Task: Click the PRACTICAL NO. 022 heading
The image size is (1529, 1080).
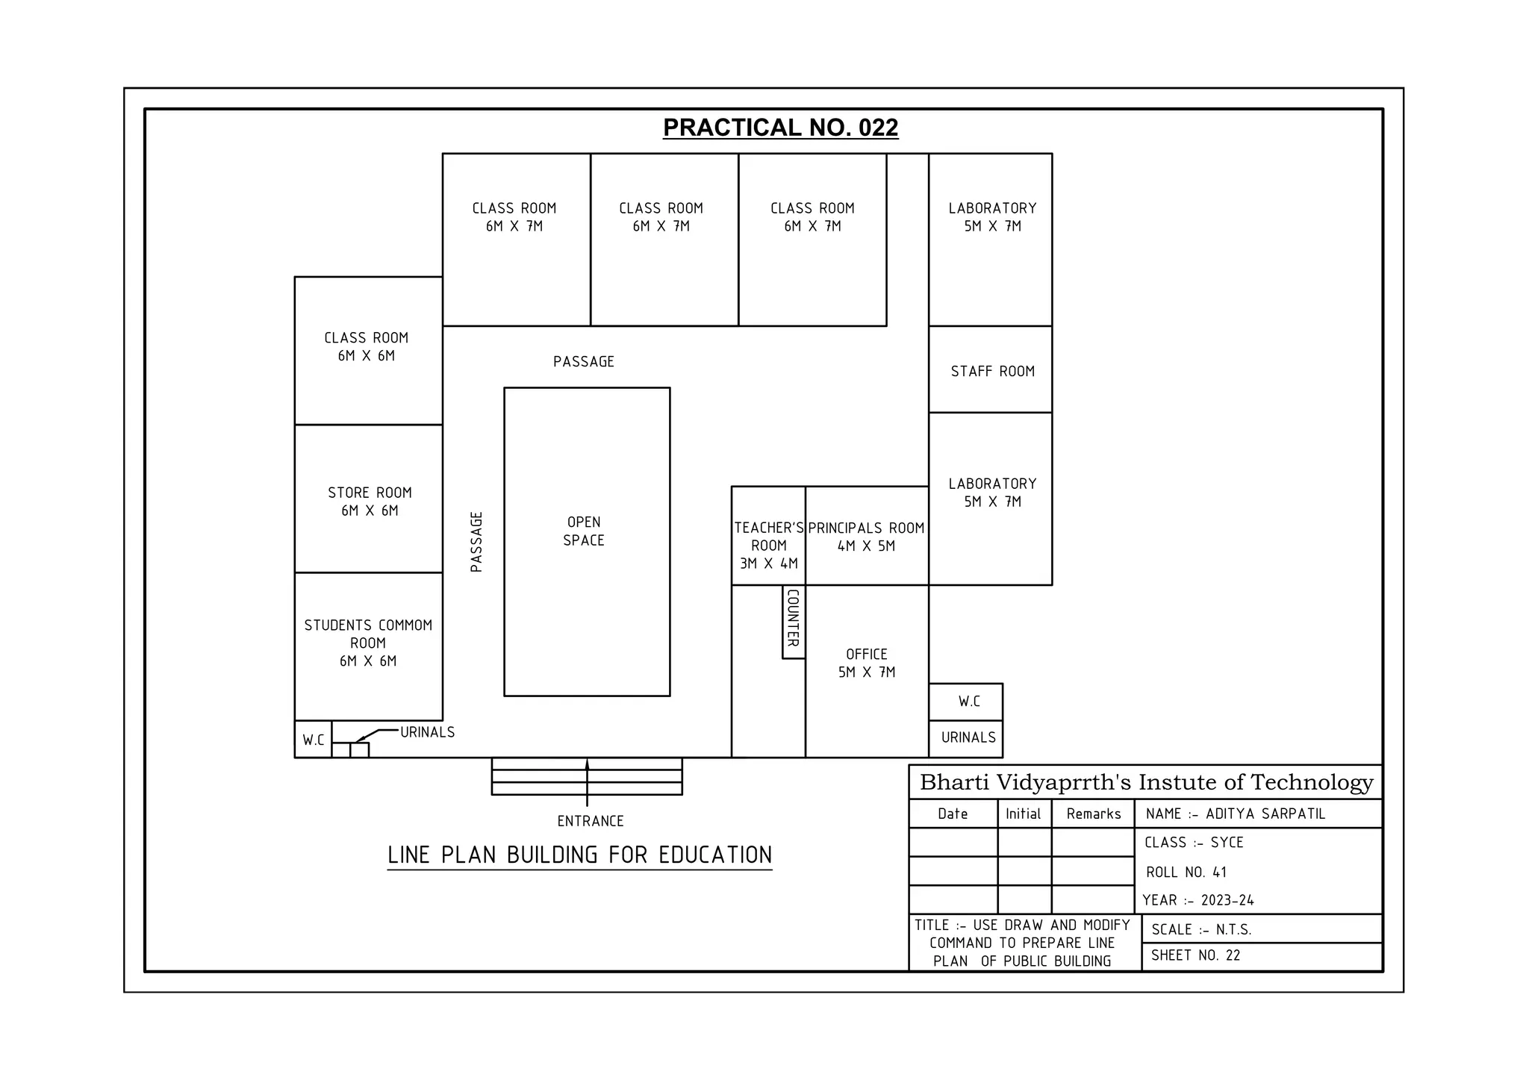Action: pos(780,128)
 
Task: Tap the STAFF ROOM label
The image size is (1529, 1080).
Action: pos(992,372)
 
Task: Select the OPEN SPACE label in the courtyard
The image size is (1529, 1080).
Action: pos(584,531)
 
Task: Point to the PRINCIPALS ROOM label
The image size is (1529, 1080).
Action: pos(866,528)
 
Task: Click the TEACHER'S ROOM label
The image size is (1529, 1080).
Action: pos(769,546)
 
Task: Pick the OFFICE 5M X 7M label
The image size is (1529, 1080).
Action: pos(866,663)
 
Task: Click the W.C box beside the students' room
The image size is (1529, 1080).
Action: pos(314,740)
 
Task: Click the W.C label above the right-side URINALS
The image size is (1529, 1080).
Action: pos(969,702)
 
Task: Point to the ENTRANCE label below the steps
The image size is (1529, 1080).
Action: pos(590,821)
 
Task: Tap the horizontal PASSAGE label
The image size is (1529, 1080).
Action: pos(583,362)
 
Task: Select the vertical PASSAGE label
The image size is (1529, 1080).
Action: pos(476,542)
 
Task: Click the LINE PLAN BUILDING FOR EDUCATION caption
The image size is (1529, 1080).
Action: pos(579,855)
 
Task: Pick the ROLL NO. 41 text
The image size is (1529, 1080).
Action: pos(1186,873)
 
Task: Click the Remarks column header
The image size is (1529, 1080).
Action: pos(1093,814)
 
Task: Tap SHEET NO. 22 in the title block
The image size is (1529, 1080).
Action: pos(1195,955)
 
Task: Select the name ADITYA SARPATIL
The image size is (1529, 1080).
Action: pos(1265,814)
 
